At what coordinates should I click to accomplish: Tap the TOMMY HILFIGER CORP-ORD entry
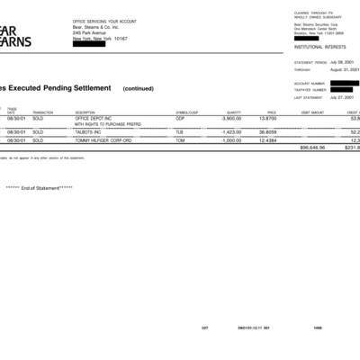[x=103, y=140]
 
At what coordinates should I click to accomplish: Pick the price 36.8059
[x=266, y=131]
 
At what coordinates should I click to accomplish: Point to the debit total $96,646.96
[x=312, y=148]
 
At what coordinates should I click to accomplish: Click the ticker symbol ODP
[x=180, y=118]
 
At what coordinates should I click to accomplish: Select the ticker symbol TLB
[x=179, y=131]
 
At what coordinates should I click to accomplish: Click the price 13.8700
[x=267, y=118]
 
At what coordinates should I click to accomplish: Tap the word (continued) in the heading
[x=139, y=89]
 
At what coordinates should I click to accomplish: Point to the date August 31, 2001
[x=345, y=68]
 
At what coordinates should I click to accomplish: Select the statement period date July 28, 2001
[x=346, y=62]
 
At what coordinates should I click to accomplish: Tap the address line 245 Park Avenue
[x=91, y=33]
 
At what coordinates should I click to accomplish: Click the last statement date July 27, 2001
[x=346, y=96]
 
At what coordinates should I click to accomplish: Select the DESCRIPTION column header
[x=85, y=112]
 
